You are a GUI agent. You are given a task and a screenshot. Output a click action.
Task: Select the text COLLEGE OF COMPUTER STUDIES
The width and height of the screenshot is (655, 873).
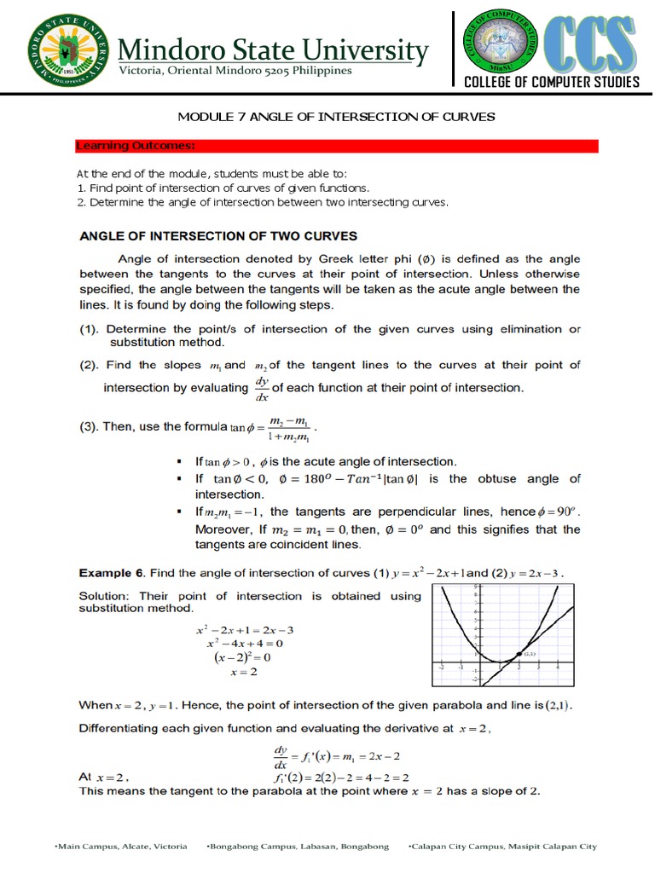click(551, 82)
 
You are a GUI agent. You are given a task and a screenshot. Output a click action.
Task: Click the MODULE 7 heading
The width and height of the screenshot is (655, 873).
click(335, 116)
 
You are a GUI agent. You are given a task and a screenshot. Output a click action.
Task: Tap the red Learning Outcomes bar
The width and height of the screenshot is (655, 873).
click(337, 147)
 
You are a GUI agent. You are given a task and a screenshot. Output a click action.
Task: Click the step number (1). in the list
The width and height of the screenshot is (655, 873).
click(90, 329)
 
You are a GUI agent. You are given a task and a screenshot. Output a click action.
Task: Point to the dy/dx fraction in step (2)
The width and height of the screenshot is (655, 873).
click(262, 388)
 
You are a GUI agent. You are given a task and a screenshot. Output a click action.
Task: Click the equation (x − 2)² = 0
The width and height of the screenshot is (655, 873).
click(241, 657)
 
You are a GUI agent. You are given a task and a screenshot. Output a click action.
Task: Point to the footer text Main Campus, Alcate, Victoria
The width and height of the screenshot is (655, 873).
click(121, 847)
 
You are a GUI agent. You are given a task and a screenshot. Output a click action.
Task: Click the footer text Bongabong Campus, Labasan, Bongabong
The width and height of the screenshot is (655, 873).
click(298, 847)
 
